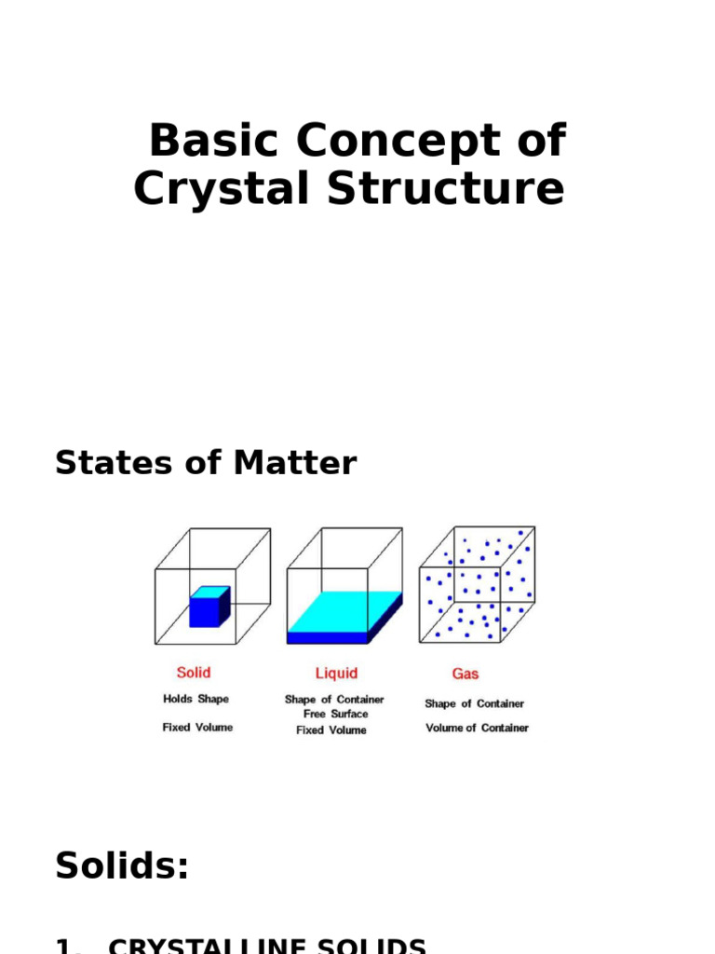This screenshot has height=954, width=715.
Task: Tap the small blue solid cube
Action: [209, 606]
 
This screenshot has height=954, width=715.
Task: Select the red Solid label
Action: [194, 673]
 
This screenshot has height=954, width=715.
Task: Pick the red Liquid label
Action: [336, 673]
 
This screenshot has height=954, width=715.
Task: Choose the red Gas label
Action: [465, 673]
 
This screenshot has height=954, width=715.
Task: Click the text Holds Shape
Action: [196, 699]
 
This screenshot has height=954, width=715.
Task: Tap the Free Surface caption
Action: [335, 714]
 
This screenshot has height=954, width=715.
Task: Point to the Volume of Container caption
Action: [477, 728]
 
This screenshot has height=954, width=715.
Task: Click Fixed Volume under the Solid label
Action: [197, 728]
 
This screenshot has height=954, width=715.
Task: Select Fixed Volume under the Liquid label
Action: [331, 730]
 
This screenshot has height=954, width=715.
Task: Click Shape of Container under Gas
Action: [474, 704]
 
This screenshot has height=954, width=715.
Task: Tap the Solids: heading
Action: [122, 866]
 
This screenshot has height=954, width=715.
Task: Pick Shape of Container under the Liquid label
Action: [334, 699]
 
